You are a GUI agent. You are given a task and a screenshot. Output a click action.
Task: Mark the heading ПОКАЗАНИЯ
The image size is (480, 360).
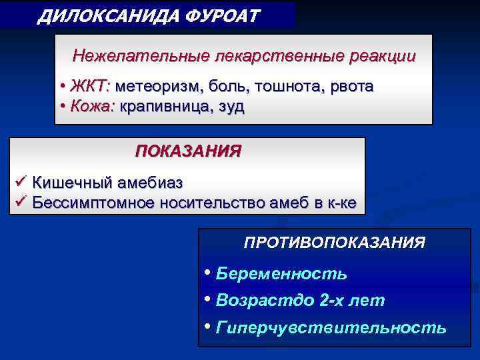pos(188,151)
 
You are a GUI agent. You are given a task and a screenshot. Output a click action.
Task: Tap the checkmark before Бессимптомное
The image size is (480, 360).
pos(20,203)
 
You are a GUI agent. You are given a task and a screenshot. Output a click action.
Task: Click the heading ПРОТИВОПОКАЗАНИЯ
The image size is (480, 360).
pos(334,242)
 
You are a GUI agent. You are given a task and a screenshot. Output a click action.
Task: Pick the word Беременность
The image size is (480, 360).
pos(281,274)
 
